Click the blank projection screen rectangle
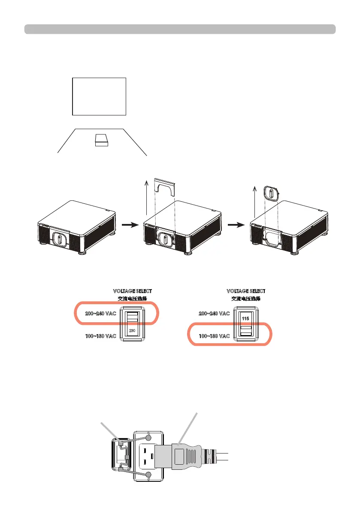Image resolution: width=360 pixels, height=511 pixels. (x=99, y=96)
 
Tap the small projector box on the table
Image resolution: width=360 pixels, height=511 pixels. (x=102, y=139)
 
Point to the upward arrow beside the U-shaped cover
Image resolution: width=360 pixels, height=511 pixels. (x=147, y=198)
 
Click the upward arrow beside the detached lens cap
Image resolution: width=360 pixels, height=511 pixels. (x=255, y=202)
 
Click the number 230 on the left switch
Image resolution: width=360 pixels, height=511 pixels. (x=133, y=331)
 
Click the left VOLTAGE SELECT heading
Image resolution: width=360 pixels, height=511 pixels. (x=132, y=291)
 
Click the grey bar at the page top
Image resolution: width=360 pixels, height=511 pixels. (x=180, y=29)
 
